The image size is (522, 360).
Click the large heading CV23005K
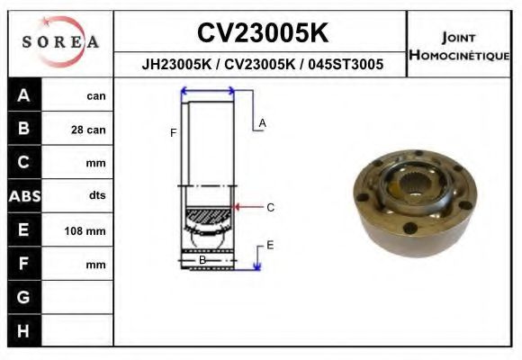pyautogui.click(x=262, y=33)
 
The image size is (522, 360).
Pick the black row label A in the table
pyautogui.click(x=23, y=95)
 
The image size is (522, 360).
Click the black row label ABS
pyautogui.click(x=23, y=196)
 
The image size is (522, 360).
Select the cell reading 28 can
pyautogui.click(x=88, y=130)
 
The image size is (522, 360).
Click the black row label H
pyautogui.click(x=23, y=331)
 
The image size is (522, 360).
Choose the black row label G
pyautogui.click(x=23, y=297)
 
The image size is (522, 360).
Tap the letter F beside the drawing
pyautogui.click(x=173, y=133)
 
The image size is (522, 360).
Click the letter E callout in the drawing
pyautogui.click(x=269, y=245)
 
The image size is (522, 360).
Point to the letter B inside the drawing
pyautogui.click(x=202, y=260)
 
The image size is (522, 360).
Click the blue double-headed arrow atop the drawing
pyautogui.click(x=208, y=91)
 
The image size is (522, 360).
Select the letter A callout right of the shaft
pyautogui.click(x=262, y=122)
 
